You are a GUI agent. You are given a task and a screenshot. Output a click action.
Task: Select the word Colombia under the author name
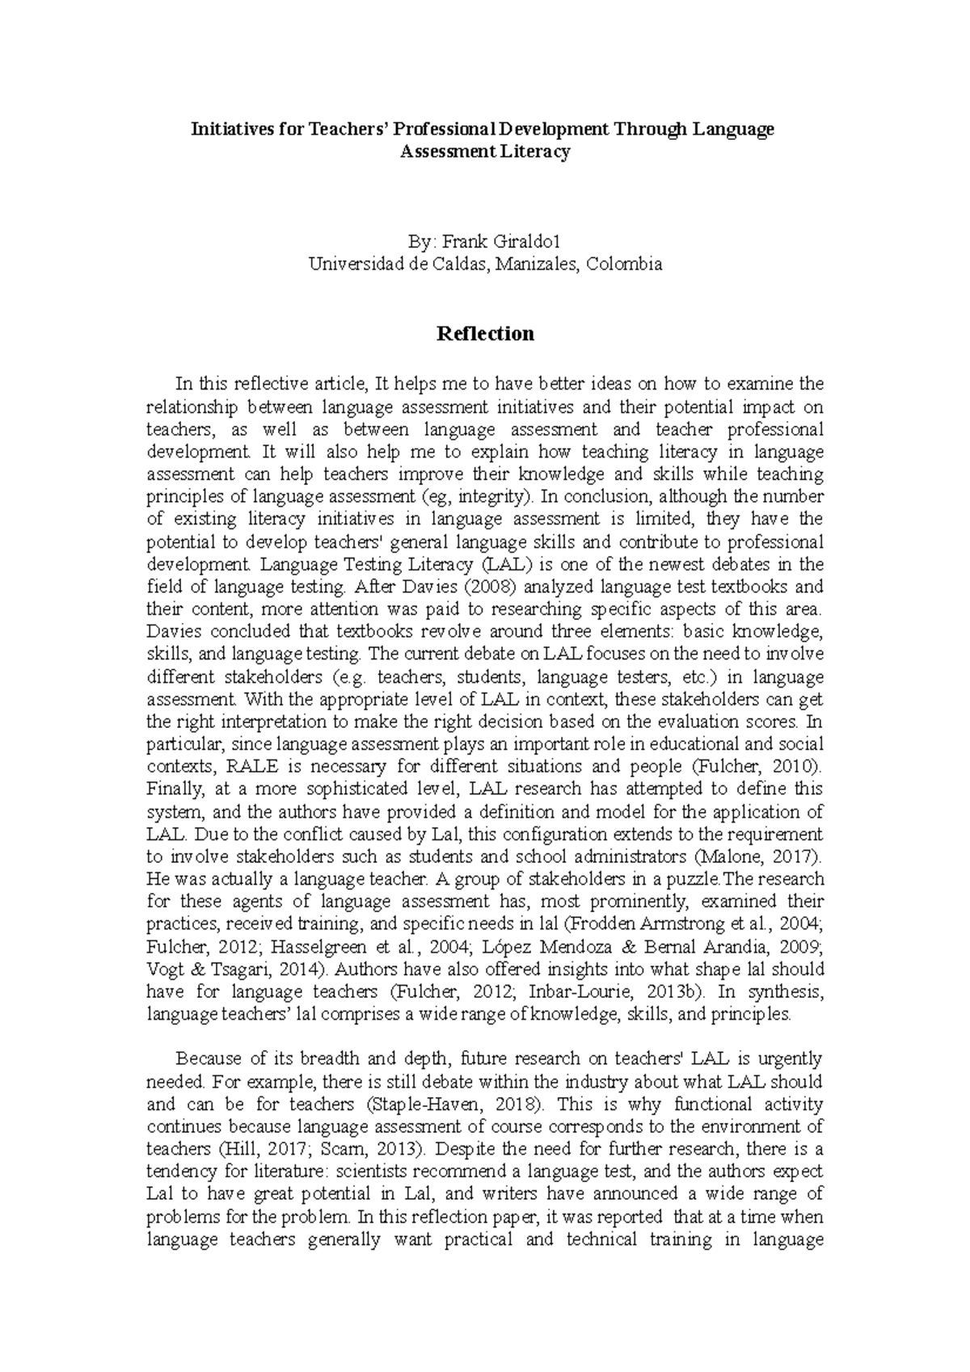point(625,263)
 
